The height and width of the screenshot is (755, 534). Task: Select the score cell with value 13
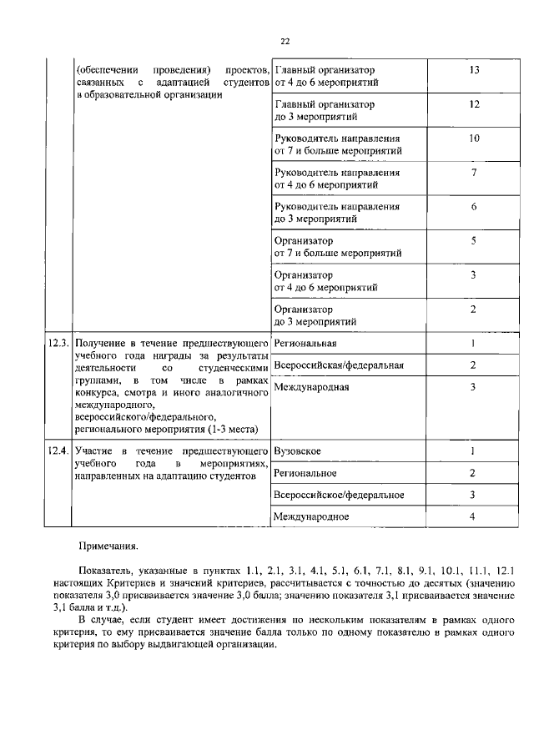click(473, 70)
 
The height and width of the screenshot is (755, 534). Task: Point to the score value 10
click(473, 138)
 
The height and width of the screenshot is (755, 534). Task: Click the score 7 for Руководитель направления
click(473, 173)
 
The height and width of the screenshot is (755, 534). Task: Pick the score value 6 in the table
click(473, 207)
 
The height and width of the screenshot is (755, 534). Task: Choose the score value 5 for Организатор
click(473, 241)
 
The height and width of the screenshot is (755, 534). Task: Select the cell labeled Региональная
click(305, 343)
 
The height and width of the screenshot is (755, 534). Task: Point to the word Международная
click(311, 386)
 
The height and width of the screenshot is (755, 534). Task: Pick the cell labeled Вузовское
click(297, 451)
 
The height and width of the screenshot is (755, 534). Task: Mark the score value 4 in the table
click(472, 516)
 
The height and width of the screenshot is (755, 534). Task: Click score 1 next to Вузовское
click(472, 451)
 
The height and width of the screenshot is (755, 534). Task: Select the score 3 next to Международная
click(472, 386)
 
